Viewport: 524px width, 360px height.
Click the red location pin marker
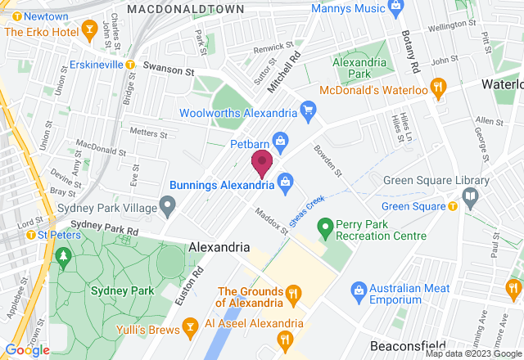tap(262, 163)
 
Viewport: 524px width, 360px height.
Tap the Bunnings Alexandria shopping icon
tap(285, 180)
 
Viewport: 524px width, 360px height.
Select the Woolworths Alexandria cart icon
tap(309, 109)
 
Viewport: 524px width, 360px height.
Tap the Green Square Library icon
tap(470, 196)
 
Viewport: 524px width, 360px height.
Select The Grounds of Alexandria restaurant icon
tap(291, 292)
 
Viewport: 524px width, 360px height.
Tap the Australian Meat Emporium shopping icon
tap(358, 289)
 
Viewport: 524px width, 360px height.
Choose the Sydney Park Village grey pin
tap(168, 204)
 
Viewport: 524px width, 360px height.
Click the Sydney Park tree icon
tap(63, 259)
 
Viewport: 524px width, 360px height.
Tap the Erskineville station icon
tap(130, 65)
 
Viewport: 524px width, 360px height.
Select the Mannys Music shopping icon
tap(396, 7)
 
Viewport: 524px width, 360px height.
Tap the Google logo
tap(26, 350)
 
